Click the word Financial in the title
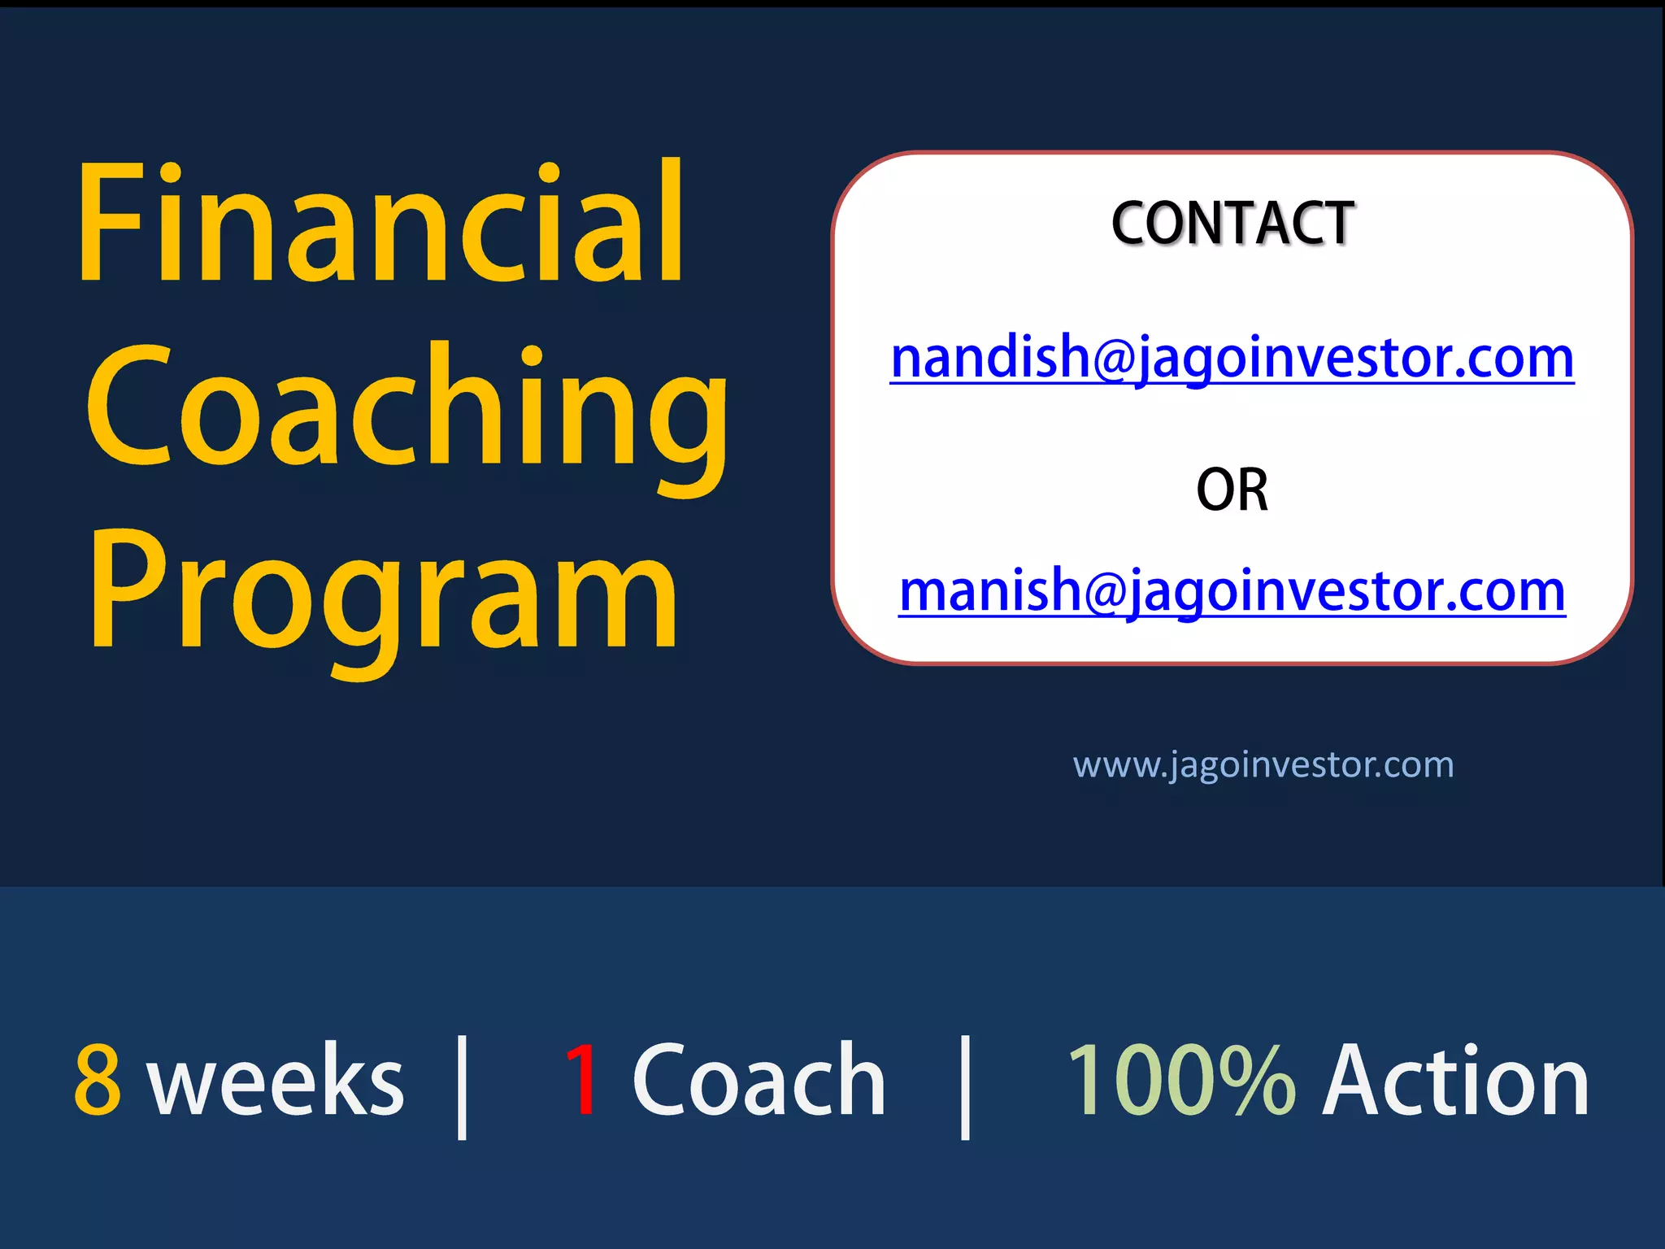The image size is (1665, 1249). click(x=380, y=224)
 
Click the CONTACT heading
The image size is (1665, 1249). click(x=1232, y=224)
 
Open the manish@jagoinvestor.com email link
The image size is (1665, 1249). click(x=1232, y=591)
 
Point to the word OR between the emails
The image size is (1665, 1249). click(x=1232, y=490)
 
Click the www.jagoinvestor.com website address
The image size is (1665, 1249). click(x=1263, y=765)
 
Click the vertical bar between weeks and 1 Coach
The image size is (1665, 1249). click(x=462, y=1087)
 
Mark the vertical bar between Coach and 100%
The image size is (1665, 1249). click(x=965, y=1087)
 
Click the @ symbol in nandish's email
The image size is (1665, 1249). click(x=1113, y=359)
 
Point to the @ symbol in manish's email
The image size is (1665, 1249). click(x=1105, y=592)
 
